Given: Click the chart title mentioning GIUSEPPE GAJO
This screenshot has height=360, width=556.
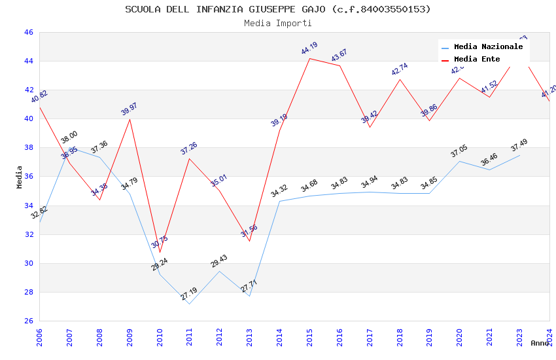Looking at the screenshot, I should click(x=278, y=9).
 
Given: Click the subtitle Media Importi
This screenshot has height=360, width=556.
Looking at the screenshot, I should click(x=278, y=23).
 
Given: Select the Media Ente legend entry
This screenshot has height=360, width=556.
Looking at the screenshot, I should click(x=477, y=59).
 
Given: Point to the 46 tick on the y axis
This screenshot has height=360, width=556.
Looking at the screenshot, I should click(x=28, y=32).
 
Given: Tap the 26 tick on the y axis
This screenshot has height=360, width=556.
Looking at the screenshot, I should click(x=28, y=321).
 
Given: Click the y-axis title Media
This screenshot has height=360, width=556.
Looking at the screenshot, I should click(x=20, y=177).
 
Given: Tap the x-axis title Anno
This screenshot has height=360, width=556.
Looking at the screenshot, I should click(x=540, y=343).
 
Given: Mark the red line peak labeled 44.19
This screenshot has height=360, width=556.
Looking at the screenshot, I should click(x=309, y=58).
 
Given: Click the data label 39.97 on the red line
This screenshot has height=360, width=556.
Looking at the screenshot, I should click(x=130, y=109).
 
